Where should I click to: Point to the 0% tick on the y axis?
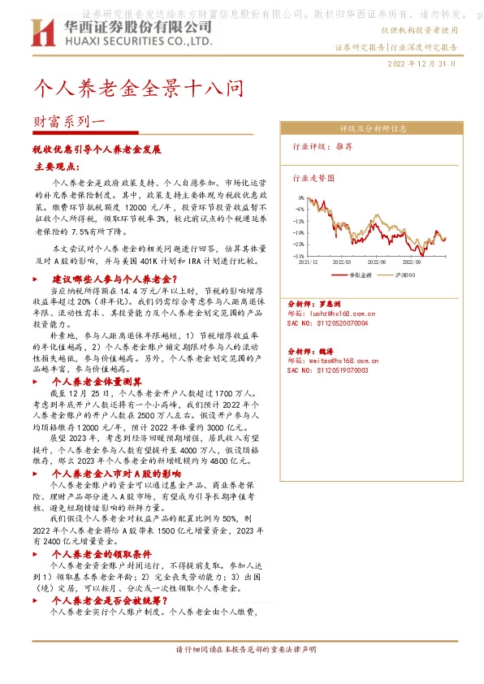tap(300, 197)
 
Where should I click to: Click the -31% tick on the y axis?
tap(299, 256)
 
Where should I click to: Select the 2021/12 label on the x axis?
tap(309, 262)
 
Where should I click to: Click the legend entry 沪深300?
tap(404, 275)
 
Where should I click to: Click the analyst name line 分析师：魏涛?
tap(308, 351)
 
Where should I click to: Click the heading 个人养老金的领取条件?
tap(99, 555)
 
